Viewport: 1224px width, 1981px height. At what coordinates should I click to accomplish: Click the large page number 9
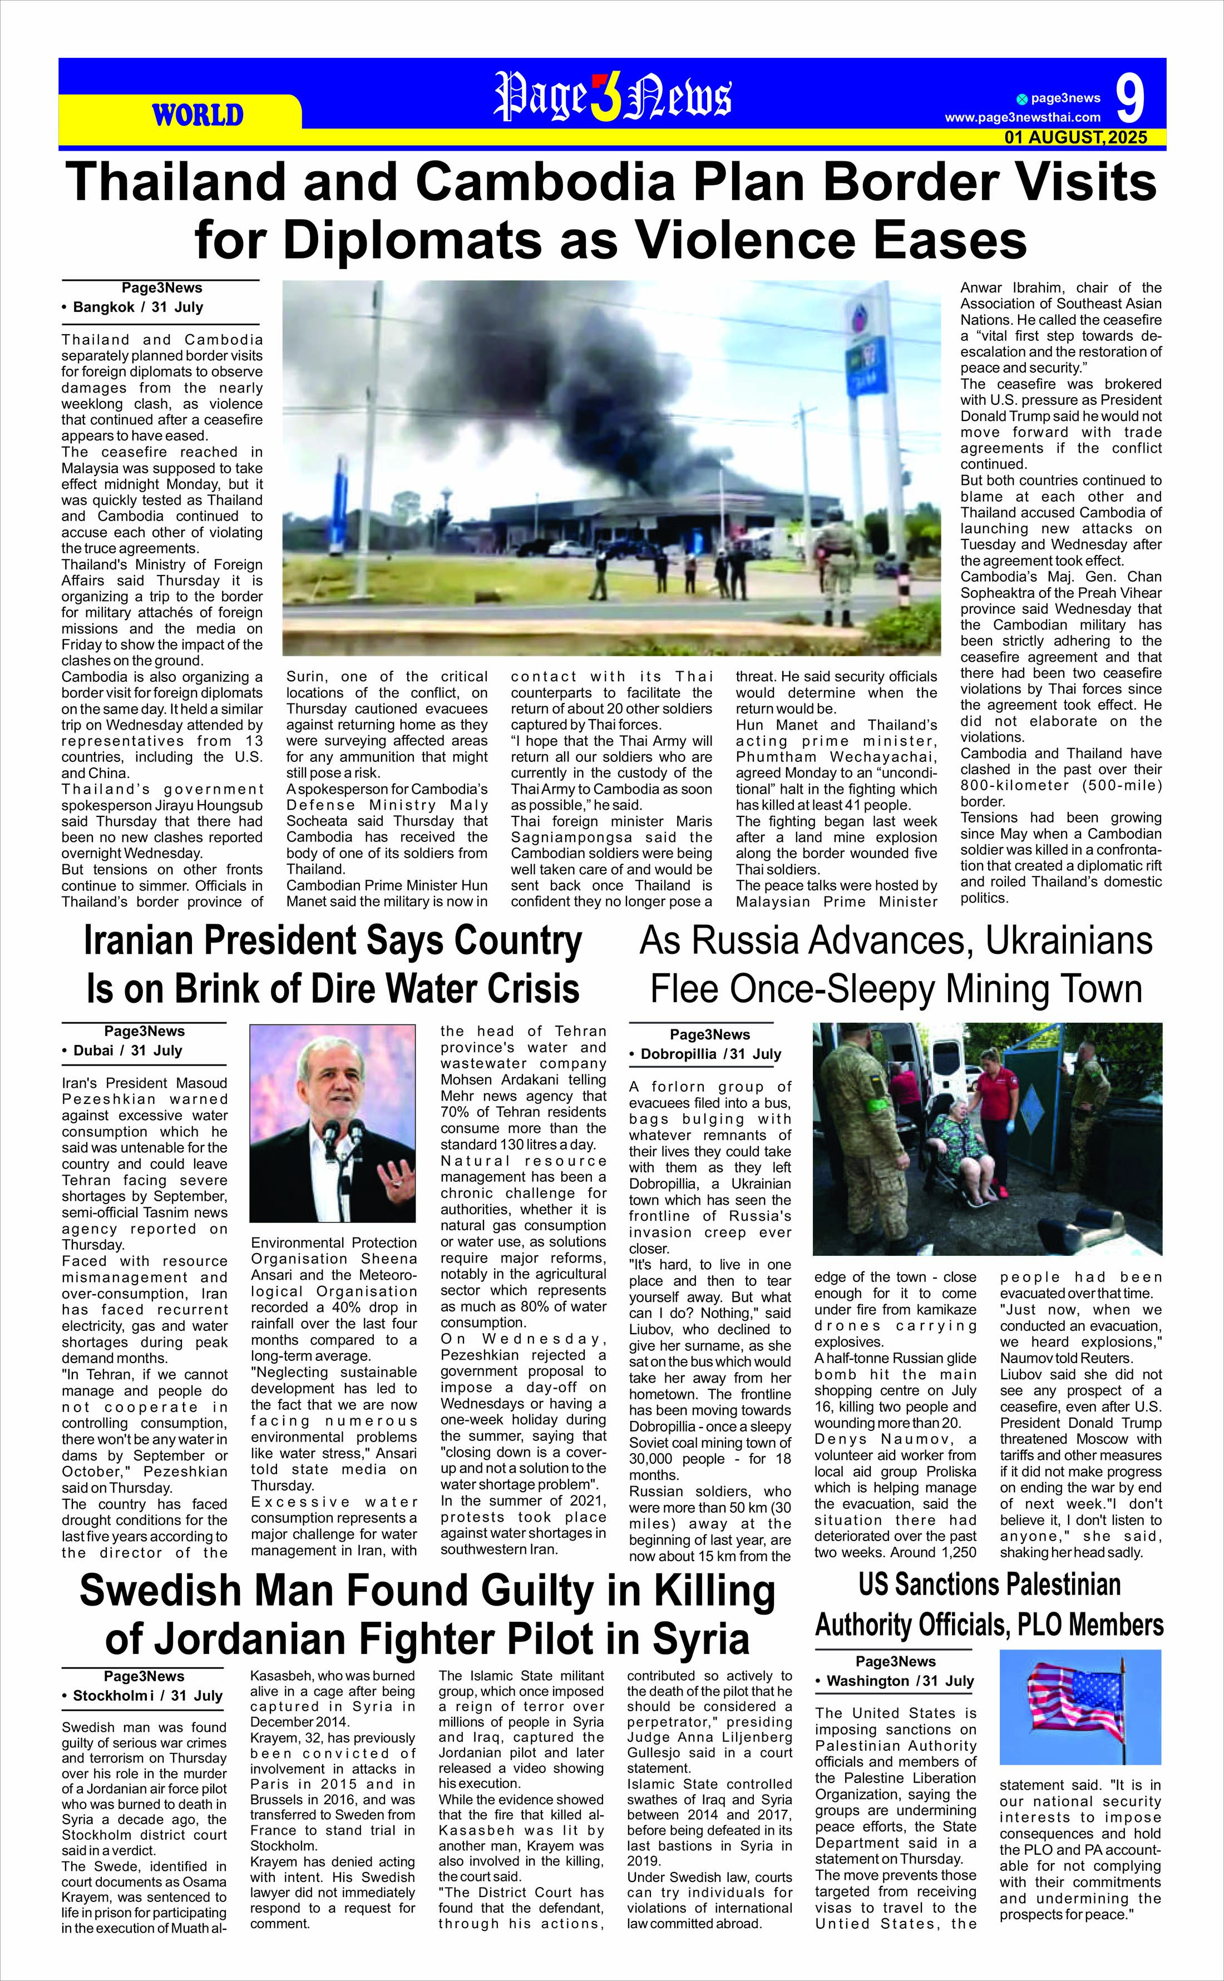pyautogui.click(x=1131, y=99)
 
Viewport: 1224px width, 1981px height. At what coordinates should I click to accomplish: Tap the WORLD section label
pyautogui.click(x=198, y=115)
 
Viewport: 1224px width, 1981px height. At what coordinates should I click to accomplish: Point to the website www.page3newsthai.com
pyautogui.click(x=1023, y=117)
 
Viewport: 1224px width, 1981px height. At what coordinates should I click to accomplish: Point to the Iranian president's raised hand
pyautogui.click(x=397, y=1177)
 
